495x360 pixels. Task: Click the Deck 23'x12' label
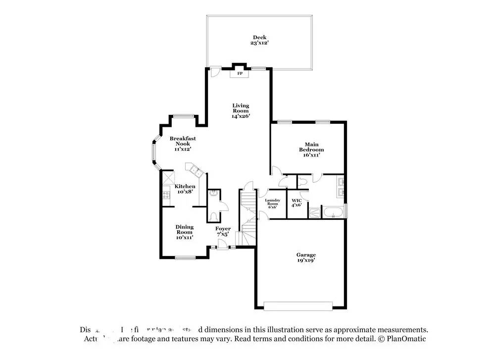pyautogui.click(x=259, y=40)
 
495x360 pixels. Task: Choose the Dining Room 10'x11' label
pyautogui.click(x=184, y=232)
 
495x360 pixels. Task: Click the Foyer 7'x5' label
pyautogui.click(x=223, y=231)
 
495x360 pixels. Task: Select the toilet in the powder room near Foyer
pyautogui.click(x=213, y=216)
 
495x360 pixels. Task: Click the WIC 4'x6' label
pyautogui.click(x=297, y=203)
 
